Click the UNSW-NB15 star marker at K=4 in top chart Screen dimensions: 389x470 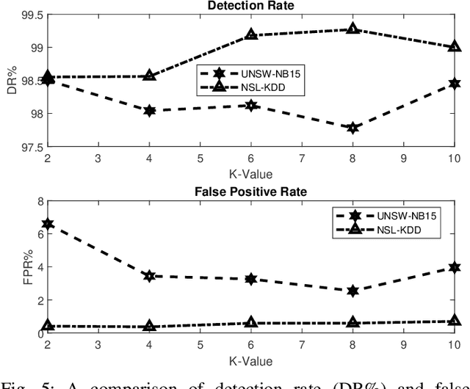(150, 111)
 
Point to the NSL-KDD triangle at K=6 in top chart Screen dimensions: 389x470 (251, 34)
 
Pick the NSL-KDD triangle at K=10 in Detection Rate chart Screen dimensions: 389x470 (454, 47)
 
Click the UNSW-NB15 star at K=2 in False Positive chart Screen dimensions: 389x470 (48, 224)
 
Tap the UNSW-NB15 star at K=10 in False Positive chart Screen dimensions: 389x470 (454, 267)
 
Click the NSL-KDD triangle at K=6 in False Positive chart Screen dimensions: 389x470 (251, 323)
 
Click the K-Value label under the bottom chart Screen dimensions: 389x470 (251, 360)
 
